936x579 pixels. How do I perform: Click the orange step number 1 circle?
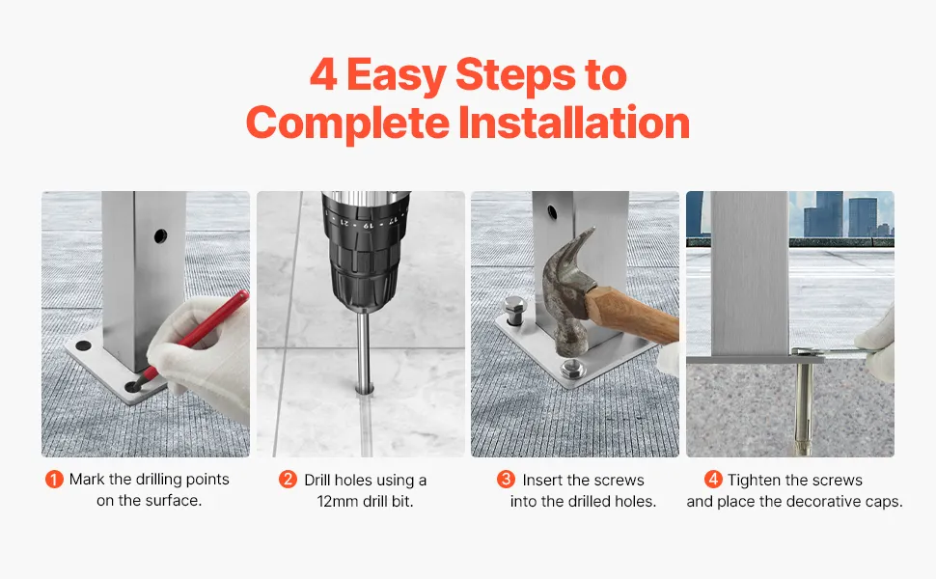pyautogui.click(x=54, y=480)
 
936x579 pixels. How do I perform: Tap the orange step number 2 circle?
pyautogui.click(x=288, y=479)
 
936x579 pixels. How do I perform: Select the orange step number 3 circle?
pyautogui.click(x=506, y=479)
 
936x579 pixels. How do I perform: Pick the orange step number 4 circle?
pyautogui.click(x=713, y=479)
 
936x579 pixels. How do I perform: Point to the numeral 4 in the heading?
pyautogui.click(x=323, y=74)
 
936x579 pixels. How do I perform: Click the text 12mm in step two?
pyautogui.click(x=338, y=502)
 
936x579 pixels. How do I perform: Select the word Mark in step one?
pyautogui.click(x=87, y=480)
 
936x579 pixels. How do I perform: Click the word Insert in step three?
pyautogui.click(x=542, y=480)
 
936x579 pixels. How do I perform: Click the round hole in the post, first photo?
pyautogui.click(x=160, y=236)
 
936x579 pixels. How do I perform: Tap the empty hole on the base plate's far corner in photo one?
pyautogui.click(x=83, y=345)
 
